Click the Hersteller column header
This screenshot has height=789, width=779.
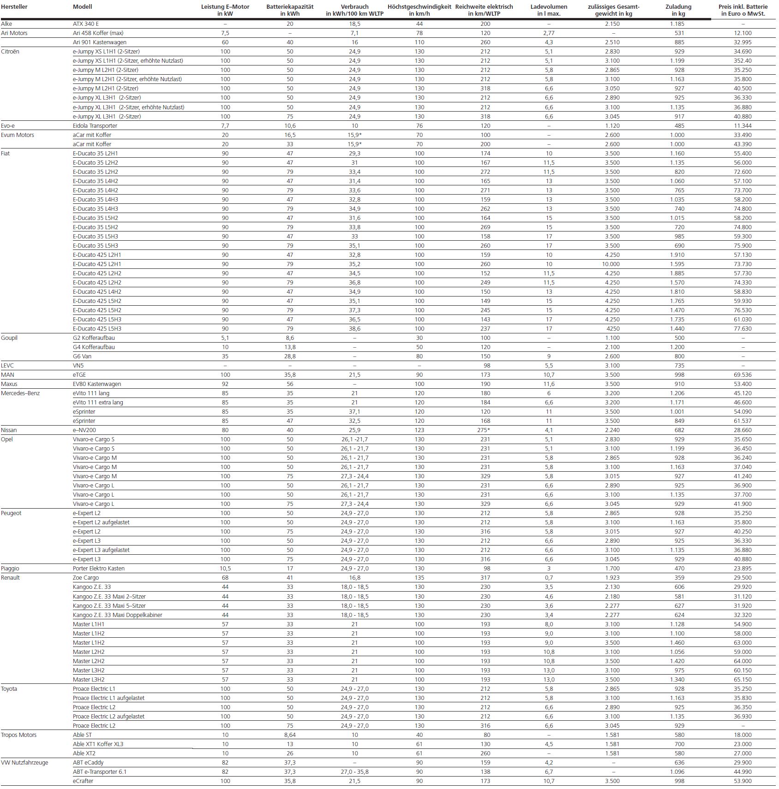coord(14,7)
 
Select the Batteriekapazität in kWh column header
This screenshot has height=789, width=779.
coord(290,10)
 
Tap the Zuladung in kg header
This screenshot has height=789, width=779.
coord(678,10)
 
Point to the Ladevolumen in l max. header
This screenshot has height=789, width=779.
coord(549,10)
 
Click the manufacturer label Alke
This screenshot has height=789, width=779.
coord(7,24)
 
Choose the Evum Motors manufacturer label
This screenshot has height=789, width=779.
coord(18,135)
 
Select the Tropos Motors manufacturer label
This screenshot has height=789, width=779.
coord(18,735)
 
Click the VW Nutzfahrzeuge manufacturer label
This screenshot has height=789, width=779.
coord(24,763)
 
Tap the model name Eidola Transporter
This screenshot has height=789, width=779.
coord(95,126)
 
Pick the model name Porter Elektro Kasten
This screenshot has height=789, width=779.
coord(99,569)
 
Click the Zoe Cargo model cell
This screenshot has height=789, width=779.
coord(86,578)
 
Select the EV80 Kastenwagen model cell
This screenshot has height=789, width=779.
coord(97,384)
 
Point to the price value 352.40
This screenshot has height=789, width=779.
coord(743,61)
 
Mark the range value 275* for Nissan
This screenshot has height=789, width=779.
coord(485,430)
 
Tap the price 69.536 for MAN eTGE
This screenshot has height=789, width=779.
coord(743,375)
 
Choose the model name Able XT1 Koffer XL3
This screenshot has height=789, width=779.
coord(98,744)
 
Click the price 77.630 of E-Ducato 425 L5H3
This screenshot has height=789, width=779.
coord(743,329)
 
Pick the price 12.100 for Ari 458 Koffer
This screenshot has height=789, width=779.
coord(743,33)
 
